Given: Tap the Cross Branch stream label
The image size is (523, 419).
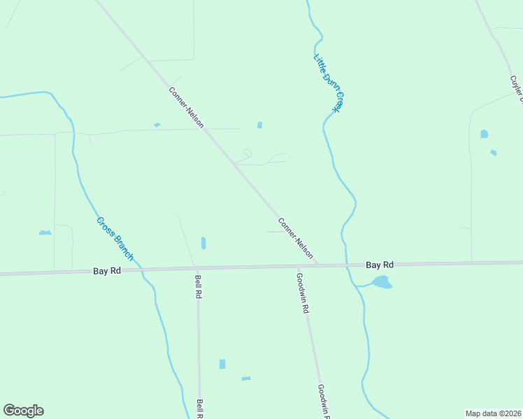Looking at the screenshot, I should (x=115, y=239).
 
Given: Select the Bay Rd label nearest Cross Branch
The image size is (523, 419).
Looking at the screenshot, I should (x=108, y=270).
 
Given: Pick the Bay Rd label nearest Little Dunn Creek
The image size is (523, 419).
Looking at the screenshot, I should (x=380, y=265).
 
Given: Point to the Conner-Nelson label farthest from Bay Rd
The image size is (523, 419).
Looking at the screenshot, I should (x=186, y=107).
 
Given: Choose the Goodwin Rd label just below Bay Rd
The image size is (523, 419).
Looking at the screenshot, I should (x=303, y=293).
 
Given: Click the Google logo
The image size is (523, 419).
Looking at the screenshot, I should (x=23, y=411).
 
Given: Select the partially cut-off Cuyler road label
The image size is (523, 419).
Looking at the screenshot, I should (x=517, y=90).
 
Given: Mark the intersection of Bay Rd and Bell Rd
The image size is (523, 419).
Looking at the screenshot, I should (x=197, y=268).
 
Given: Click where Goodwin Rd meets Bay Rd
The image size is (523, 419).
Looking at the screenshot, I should (x=299, y=267).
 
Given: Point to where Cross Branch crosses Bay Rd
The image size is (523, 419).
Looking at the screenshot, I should (x=141, y=269).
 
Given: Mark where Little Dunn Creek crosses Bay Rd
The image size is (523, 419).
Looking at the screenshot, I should (x=348, y=265).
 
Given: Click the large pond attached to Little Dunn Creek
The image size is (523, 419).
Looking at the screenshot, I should (x=381, y=282).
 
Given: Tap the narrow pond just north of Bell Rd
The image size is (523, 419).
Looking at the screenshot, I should (x=203, y=243).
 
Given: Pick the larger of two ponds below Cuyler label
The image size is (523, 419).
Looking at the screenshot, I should (x=484, y=133).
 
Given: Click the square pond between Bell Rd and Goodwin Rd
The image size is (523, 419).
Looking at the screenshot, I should (x=222, y=364).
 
